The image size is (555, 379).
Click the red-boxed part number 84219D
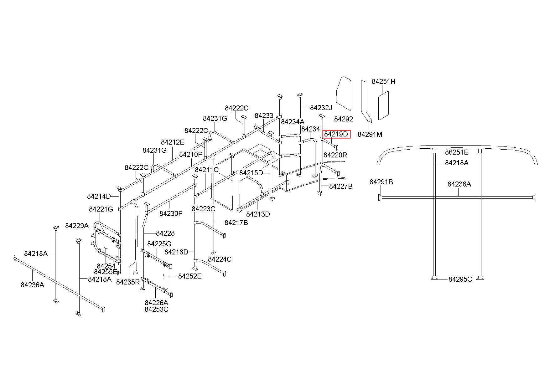(x=336, y=134)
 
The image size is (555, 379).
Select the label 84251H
(x=383, y=82)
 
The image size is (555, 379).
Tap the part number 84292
(x=344, y=119)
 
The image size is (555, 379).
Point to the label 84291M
(x=370, y=135)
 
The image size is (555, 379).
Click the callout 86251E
(x=457, y=152)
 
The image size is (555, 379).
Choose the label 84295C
(x=460, y=279)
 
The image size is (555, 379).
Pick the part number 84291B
(x=381, y=182)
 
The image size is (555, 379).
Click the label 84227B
(x=341, y=187)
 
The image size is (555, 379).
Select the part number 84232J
(x=321, y=108)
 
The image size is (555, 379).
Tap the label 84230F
(x=171, y=214)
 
